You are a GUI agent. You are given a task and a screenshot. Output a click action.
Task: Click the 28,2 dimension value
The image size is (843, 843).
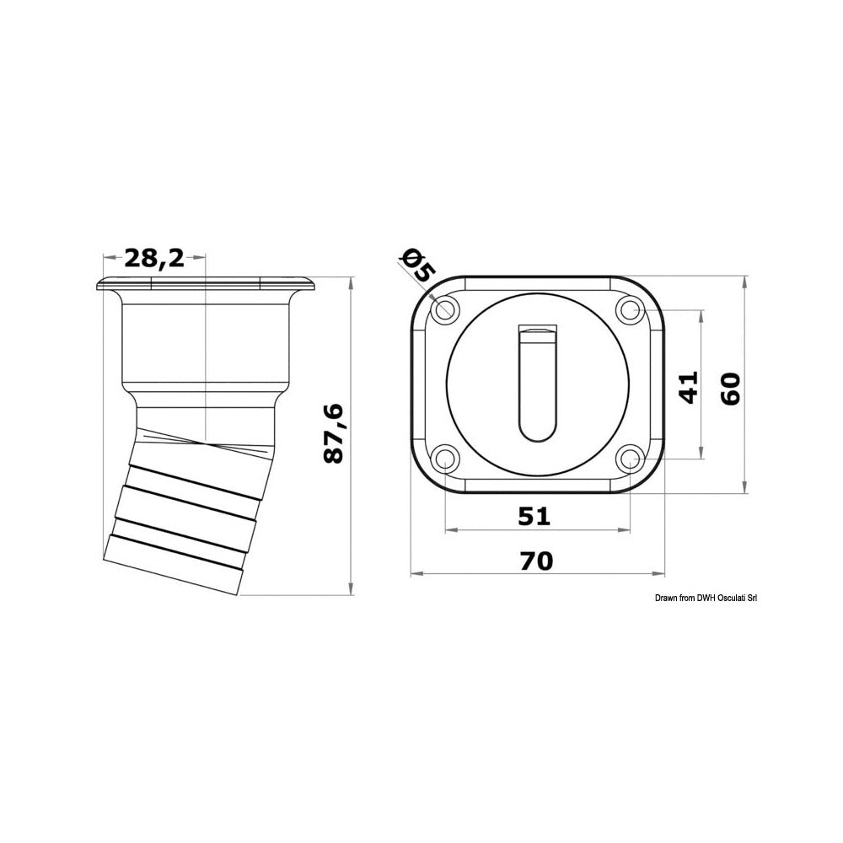coord(155,259)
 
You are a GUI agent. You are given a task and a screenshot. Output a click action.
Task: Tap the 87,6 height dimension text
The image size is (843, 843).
coord(334,433)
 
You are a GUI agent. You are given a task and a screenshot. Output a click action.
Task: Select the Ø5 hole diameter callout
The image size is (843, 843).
coord(418,266)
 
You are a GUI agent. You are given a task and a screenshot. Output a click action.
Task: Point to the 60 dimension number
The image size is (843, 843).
coord(731,389)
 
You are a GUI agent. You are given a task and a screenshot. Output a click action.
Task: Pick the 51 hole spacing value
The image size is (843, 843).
coord(534,516)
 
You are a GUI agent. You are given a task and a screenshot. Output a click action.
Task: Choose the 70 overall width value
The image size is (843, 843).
coord(536,561)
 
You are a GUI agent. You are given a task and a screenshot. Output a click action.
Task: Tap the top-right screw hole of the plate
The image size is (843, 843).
coord(630,309)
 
